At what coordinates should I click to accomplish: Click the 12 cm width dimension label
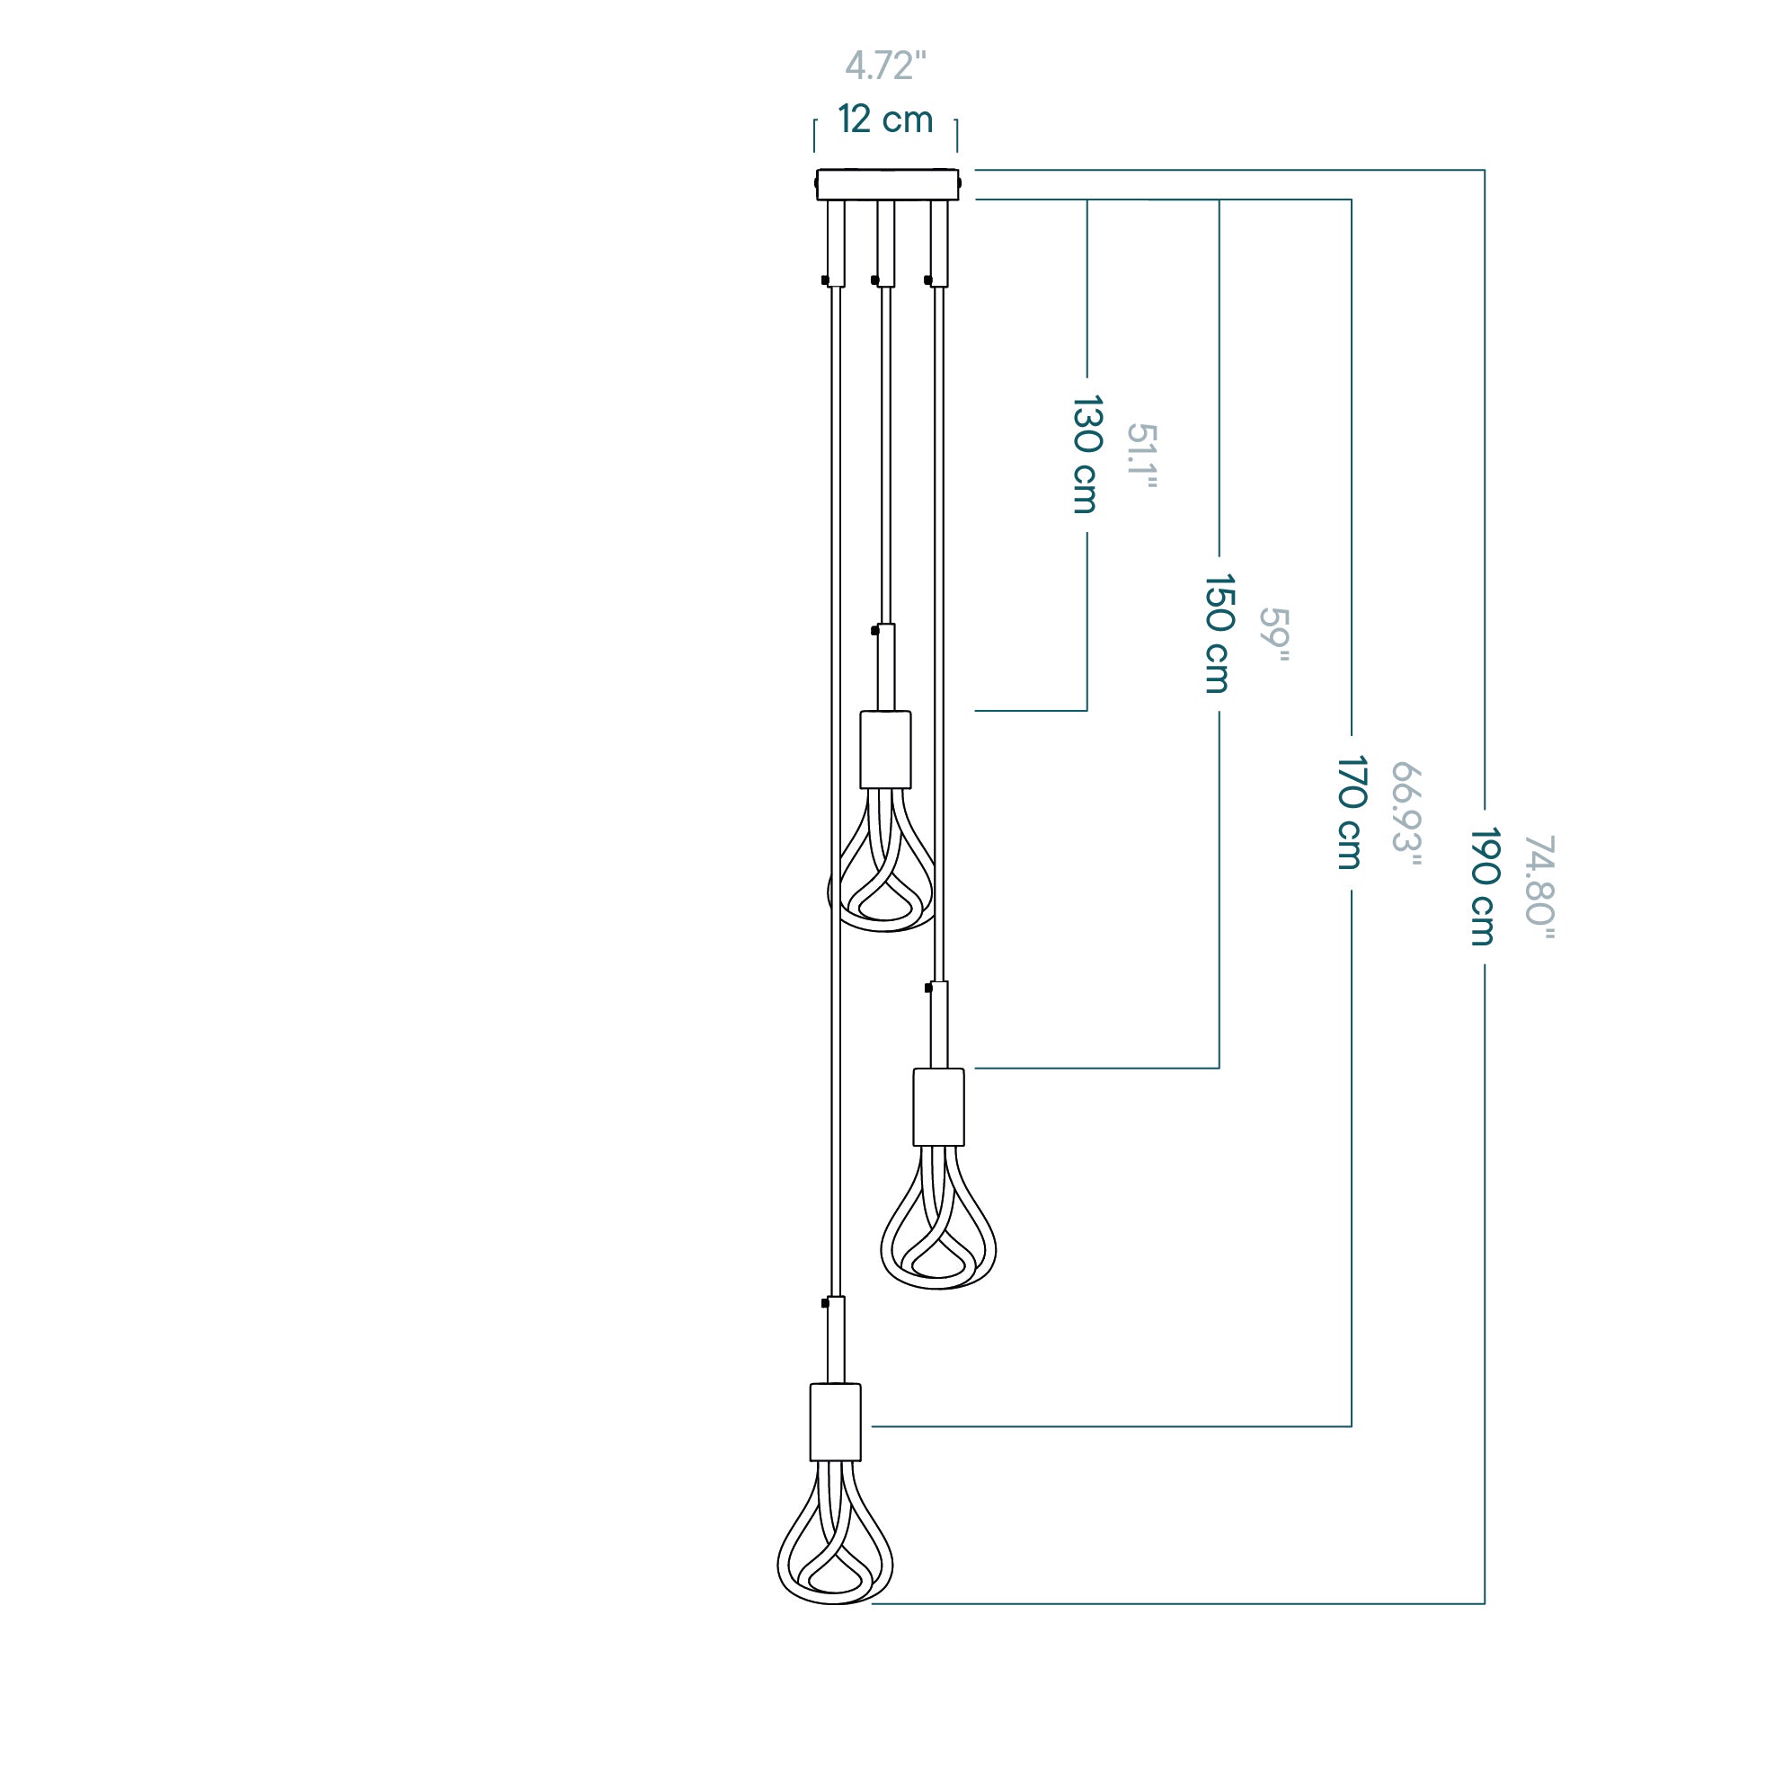pos(885,120)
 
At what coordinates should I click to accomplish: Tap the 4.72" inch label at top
pos(885,66)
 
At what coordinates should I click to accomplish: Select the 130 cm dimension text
pos(1087,454)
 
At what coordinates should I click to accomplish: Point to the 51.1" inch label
pos(1141,456)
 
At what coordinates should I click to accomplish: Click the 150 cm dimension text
pos(1219,634)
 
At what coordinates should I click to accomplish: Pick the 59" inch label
pos(1273,634)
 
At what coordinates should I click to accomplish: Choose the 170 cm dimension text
pos(1351,812)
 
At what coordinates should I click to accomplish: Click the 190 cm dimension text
pos(1484,886)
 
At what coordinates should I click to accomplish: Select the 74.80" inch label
pos(1539,888)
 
